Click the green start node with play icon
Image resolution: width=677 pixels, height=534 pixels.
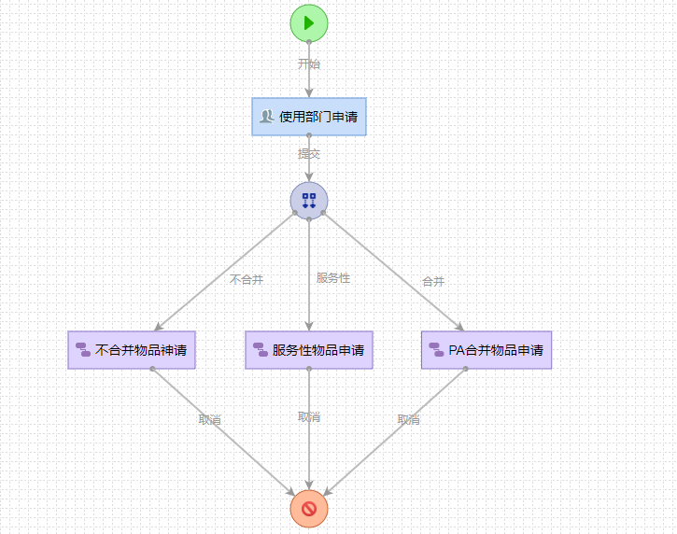point(309,22)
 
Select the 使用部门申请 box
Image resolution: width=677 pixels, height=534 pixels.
point(309,117)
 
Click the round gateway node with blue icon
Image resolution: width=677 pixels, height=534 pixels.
point(309,200)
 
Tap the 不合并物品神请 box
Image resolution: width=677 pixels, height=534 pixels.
point(132,350)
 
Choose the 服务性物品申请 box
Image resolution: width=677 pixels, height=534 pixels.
point(309,350)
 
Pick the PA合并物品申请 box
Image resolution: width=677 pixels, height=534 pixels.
point(487,350)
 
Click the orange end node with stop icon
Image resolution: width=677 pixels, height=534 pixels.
point(309,508)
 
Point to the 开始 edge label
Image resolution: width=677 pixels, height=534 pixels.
point(309,64)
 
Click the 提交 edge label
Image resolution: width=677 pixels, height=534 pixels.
point(309,154)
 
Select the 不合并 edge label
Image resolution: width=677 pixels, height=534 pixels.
point(247,279)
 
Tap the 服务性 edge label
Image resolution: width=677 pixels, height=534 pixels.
point(333,278)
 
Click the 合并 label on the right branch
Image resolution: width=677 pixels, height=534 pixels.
point(433,281)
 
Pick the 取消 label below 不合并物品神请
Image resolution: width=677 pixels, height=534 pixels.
point(210,420)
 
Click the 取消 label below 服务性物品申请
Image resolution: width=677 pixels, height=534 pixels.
point(309,417)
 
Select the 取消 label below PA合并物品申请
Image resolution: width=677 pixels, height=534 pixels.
point(408,420)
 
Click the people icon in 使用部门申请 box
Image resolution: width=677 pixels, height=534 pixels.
point(267,117)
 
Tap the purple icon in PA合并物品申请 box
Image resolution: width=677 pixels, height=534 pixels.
point(436,350)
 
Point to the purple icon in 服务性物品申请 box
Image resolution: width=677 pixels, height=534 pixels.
point(261,350)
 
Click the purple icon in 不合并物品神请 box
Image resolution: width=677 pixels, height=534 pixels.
point(83,350)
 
